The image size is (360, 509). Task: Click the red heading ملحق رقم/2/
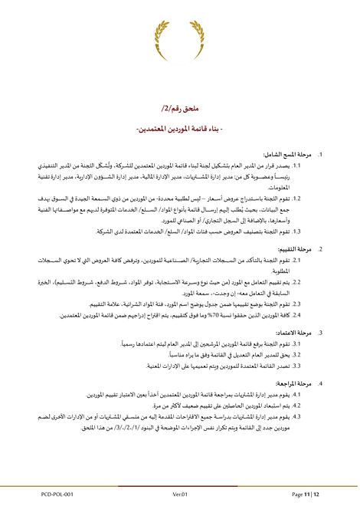[178, 108]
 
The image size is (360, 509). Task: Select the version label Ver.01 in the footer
[180, 495]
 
